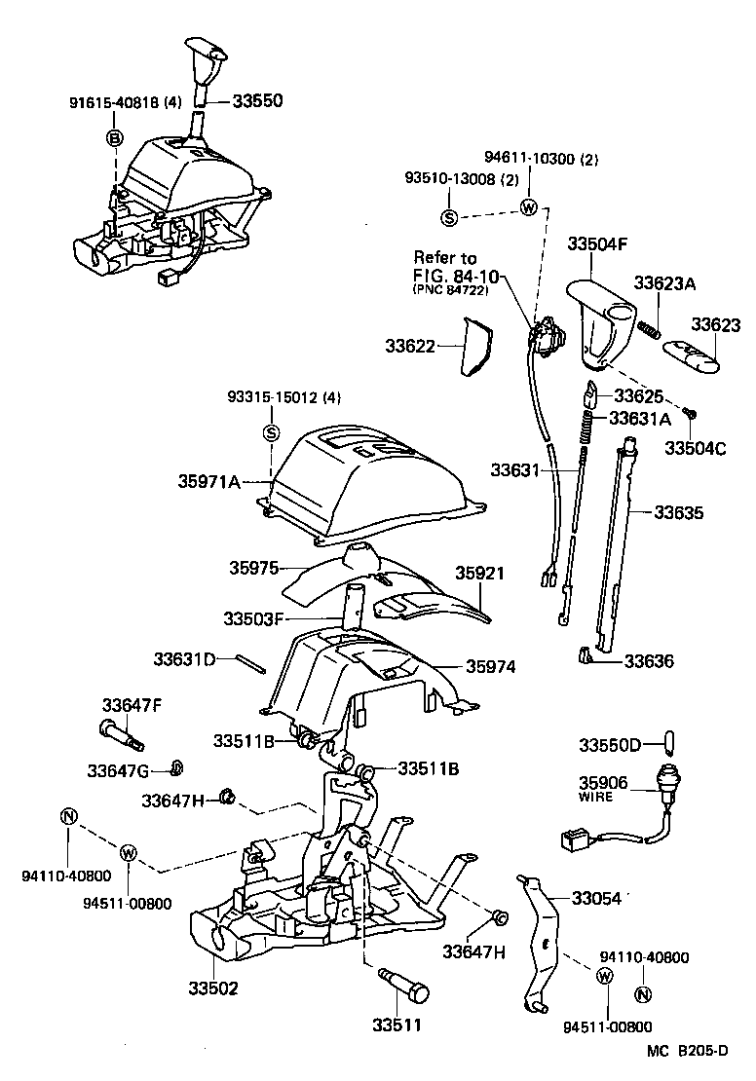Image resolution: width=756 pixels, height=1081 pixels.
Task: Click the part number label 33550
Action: click(258, 100)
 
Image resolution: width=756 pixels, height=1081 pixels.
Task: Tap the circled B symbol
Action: click(115, 138)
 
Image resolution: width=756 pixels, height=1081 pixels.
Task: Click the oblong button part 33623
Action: click(693, 356)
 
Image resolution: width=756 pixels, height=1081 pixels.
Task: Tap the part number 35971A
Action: click(208, 480)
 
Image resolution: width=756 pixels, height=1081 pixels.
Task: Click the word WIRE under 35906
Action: click(596, 796)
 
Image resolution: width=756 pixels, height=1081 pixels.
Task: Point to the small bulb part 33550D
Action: click(666, 745)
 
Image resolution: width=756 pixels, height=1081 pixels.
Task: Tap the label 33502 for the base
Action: click(213, 988)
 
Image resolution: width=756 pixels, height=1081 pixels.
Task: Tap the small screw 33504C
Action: click(689, 414)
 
